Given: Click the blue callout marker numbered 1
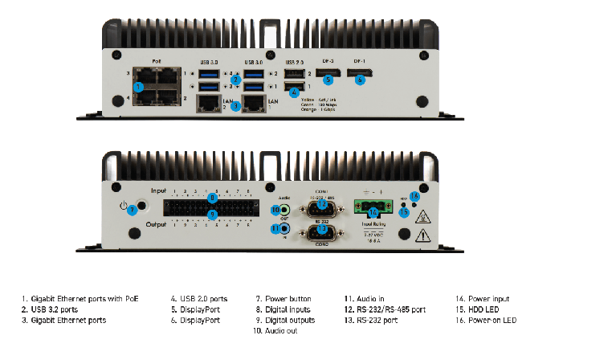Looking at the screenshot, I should click(138, 86).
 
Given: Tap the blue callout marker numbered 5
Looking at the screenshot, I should click(328, 79).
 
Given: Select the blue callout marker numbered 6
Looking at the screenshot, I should click(360, 79).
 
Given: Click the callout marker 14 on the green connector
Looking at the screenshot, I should click(373, 211).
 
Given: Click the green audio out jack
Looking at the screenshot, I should click(275, 211).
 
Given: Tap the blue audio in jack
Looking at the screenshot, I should click(275, 229).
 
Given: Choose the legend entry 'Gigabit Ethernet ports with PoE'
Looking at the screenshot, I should click(80, 299).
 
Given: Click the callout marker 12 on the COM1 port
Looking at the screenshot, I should click(321, 204).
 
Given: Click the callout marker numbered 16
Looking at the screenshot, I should click(414, 196).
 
